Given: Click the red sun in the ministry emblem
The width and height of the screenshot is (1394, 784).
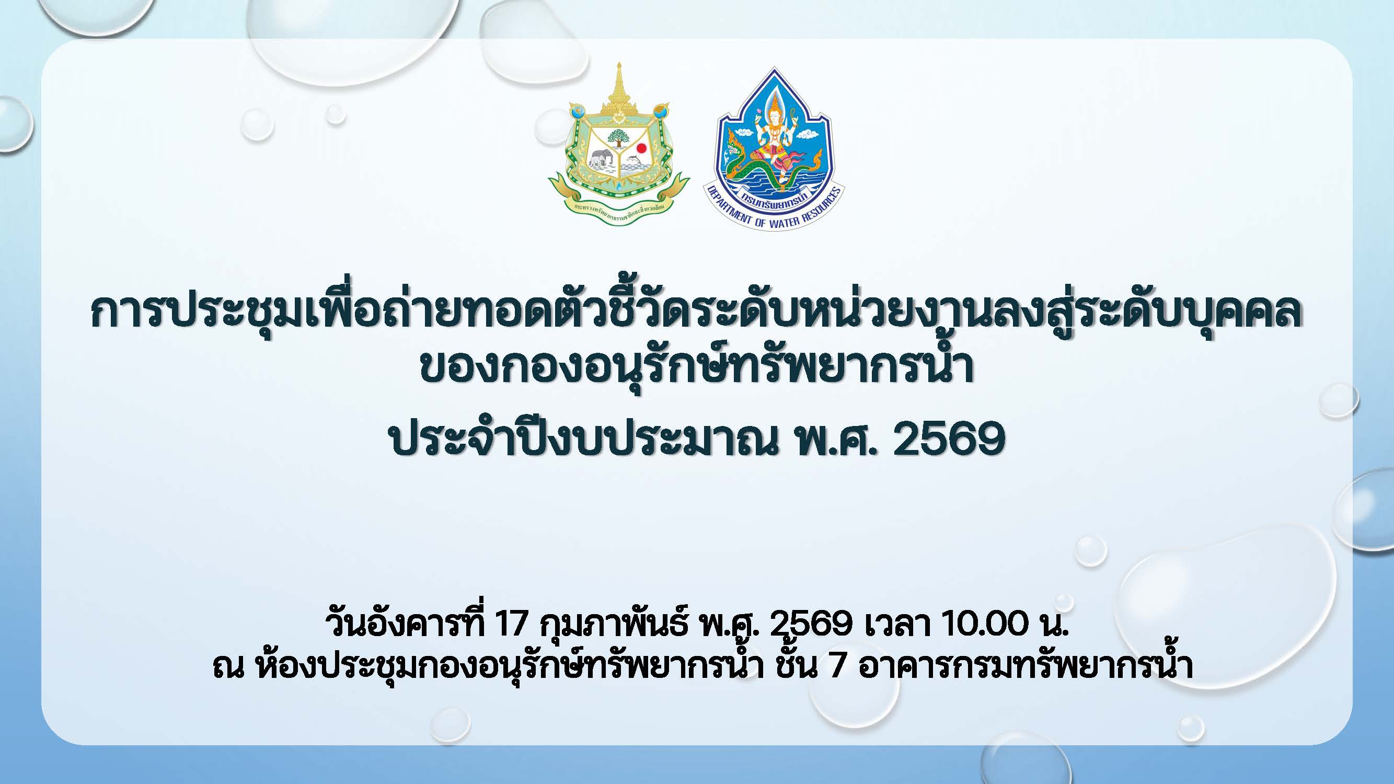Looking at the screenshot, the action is (x=641, y=148).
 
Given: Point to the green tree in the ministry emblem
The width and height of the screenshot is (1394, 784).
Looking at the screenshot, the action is (x=618, y=138).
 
